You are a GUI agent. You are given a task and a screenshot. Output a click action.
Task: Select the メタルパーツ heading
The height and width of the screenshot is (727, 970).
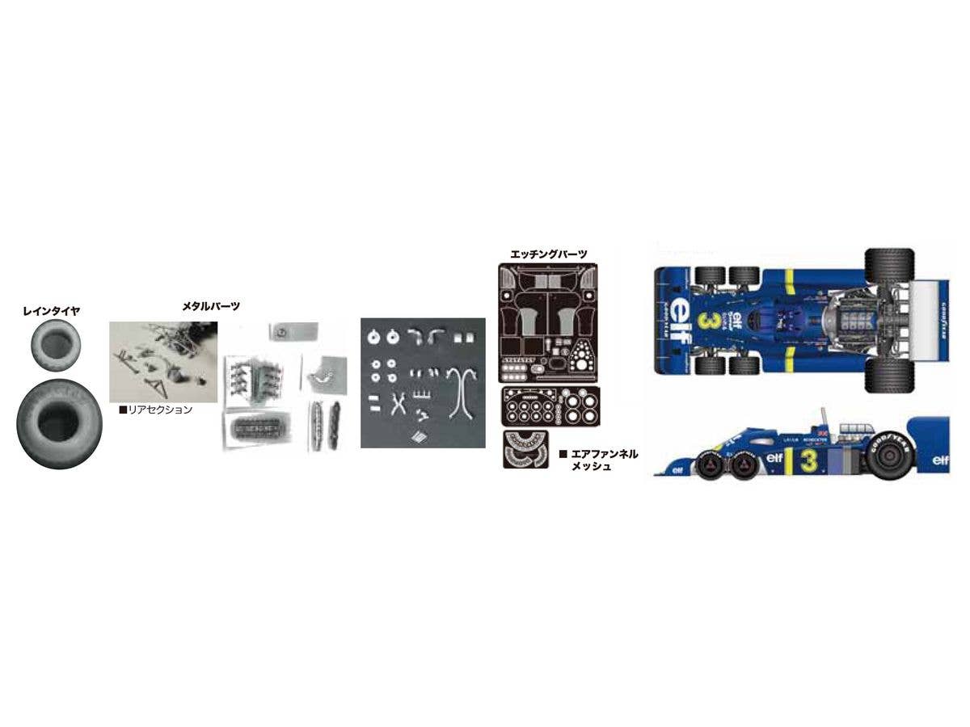tap(213, 307)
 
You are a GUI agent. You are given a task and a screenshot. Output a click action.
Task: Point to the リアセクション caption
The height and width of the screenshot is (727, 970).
tap(161, 410)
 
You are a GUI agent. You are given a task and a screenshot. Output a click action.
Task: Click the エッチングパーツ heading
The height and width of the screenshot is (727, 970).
tap(549, 254)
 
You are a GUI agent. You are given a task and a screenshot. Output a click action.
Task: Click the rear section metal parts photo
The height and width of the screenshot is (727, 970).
tap(163, 361)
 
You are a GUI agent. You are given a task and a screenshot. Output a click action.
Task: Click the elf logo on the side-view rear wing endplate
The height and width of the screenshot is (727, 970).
tap(939, 460)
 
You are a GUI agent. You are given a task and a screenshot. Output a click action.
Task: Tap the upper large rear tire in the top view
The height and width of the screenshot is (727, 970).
tap(889, 265)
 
